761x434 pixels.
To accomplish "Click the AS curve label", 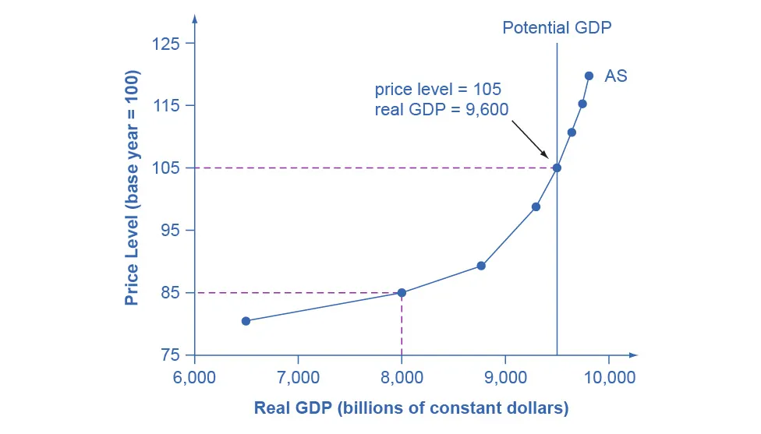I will [x=616, y=76].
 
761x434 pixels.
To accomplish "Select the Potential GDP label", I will [x=557, y=28].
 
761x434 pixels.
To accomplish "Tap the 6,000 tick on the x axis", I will [x=194, y=378].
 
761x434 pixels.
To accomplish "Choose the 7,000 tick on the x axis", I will [x=298, y=378].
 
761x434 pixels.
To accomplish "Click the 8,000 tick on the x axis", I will [x=402, y=378].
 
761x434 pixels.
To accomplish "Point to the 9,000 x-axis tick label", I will [x=505, y=378].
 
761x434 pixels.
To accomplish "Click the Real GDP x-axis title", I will [x=411, y=408].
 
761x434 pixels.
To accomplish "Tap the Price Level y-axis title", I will [x=132, y=189].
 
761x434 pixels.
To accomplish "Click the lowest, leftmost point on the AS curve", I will [x=246, y=321].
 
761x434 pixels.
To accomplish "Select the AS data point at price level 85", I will [x=402, y=293].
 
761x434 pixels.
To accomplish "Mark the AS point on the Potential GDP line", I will [x=557, y=168].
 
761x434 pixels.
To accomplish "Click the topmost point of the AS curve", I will [x=589, y=76].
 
